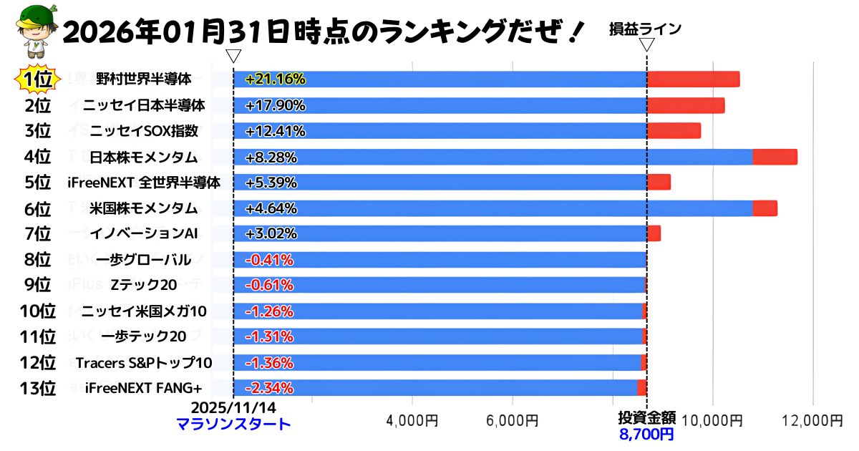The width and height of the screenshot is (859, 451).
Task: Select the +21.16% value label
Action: [275, 79]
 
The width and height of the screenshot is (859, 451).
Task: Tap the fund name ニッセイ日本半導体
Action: [144, 105]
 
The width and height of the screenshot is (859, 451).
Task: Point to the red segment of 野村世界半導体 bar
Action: [693, 79]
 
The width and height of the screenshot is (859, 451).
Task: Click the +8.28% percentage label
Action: [271, 157]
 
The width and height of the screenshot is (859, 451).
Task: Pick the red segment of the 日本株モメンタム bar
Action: [775, 157]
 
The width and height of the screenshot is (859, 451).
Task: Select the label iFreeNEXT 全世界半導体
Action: [144, 183]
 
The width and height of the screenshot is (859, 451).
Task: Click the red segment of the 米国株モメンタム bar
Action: [765, 208]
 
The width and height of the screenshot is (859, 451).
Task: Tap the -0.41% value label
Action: [269, 259]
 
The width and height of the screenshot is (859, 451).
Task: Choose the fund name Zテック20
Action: [144, 285]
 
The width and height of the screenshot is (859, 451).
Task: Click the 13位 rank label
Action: [37, 388]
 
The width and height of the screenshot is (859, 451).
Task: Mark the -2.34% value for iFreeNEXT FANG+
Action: [269, 388]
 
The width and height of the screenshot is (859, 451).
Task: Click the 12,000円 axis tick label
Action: [812, 420]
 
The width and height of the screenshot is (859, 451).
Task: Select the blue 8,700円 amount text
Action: [646, 433]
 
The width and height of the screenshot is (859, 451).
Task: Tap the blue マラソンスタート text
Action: [233, 424]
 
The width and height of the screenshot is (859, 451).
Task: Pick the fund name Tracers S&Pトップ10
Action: [144, 362]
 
